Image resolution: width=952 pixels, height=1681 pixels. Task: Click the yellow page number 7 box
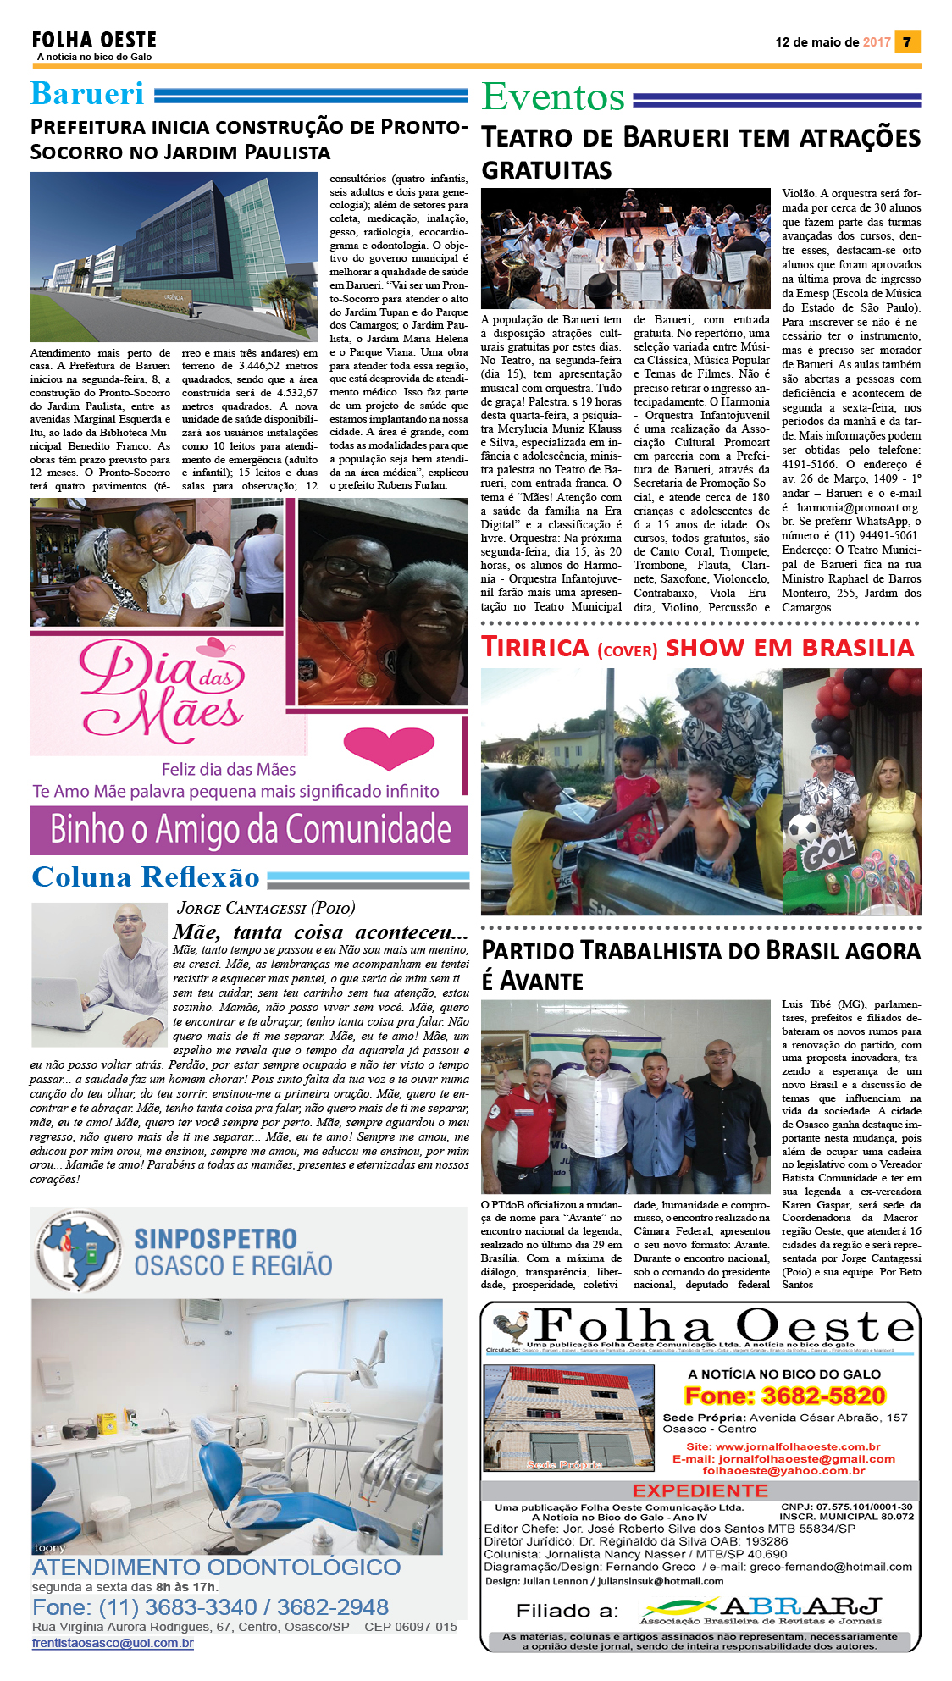(907, 41)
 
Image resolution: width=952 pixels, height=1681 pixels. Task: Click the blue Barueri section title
(87, 94)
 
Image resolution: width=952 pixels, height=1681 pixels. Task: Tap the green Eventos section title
(553, 97)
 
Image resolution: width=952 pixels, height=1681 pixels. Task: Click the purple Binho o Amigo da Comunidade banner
(249, 829)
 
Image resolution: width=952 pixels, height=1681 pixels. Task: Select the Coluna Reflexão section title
(146, 877)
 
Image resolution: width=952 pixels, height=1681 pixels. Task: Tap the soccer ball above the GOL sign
(803, 828)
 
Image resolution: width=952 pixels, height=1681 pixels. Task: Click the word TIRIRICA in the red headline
(535, 648)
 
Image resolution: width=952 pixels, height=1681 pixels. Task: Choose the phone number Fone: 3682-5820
(784, 1396)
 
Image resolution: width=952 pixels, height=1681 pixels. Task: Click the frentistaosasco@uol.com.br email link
(113, 1643)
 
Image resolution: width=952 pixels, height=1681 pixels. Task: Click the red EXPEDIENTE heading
(700, 1490)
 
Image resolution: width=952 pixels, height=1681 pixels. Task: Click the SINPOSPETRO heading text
(215, 1239)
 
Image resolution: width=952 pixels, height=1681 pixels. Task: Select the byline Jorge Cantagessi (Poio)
(266, 908)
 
